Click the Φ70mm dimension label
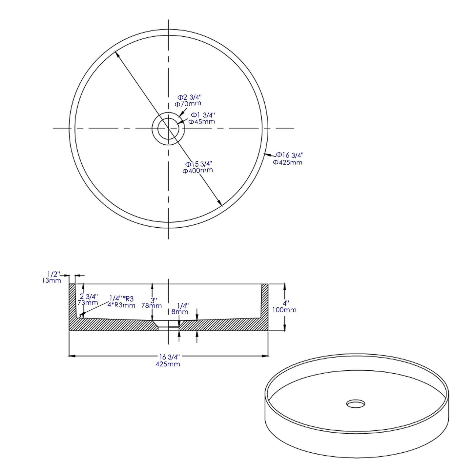pos(188,104)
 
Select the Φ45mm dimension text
pos(201,122)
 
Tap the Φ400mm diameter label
pos(198,171)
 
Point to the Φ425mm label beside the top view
pos(288,162)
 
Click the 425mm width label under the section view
pos(168,364)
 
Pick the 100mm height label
pos(284,310)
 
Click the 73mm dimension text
pos(88,302)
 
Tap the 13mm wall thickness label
pos(52,280)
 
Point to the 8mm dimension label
pos(180,312)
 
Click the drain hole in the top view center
pos(168,129)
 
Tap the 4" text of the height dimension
pos(286,303)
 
